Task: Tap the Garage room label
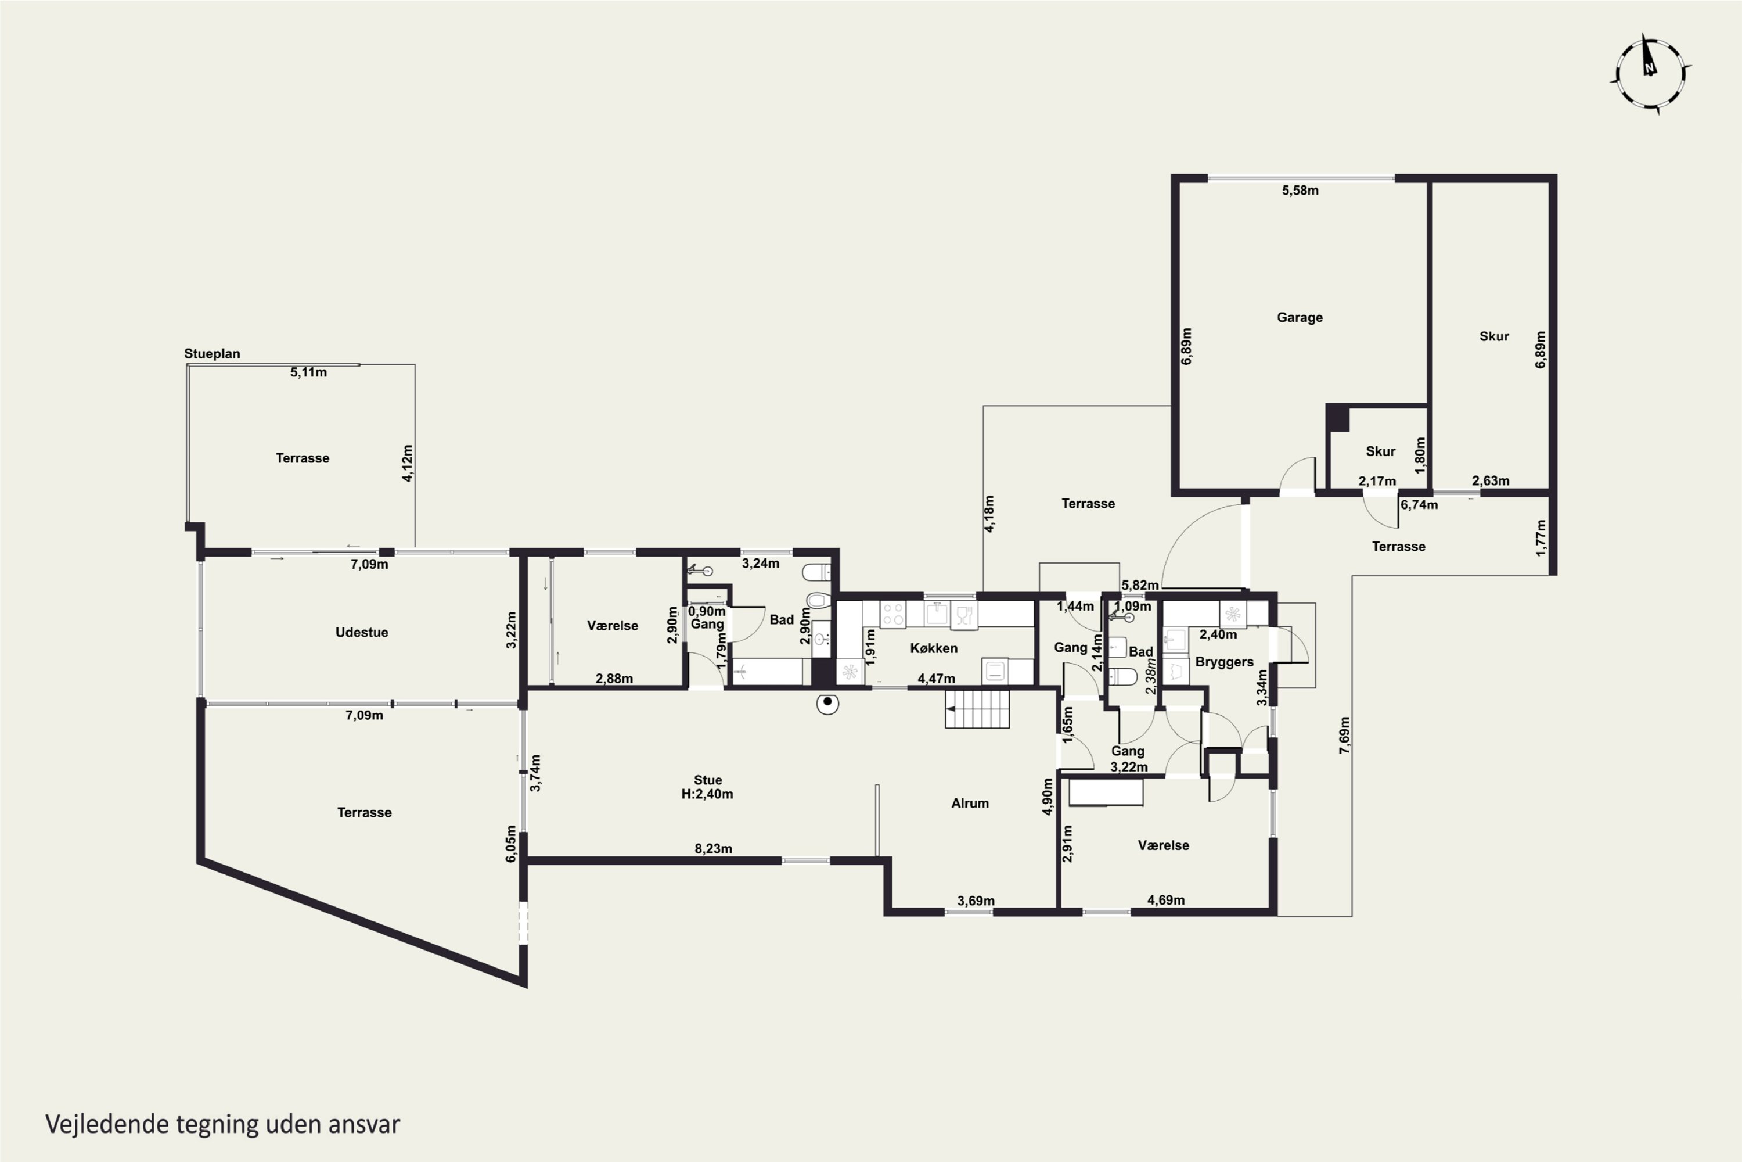[x=1300, y=317]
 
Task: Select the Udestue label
[x=361, y=632]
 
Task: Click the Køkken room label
[x=934, y=648]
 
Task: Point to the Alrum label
[x=970, y=804]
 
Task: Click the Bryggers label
[x=1224, y=662]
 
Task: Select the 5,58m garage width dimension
[x=1301, y=191]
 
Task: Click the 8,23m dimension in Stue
[x=713, y=848]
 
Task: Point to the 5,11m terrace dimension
[x=308, y=372]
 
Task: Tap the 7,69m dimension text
[x=1344, y=735]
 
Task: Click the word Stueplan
[x=212, y=353]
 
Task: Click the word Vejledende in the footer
[x=107, y=1124]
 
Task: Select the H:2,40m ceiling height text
[x=707, y=794]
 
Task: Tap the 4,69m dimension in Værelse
[x=1166, y=899]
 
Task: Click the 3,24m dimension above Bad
[x=761, y=563]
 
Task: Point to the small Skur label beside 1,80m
[x=1381, y=451]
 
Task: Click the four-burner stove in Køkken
[x=892, y=614]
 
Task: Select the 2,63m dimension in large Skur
[x=1490, y=480]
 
